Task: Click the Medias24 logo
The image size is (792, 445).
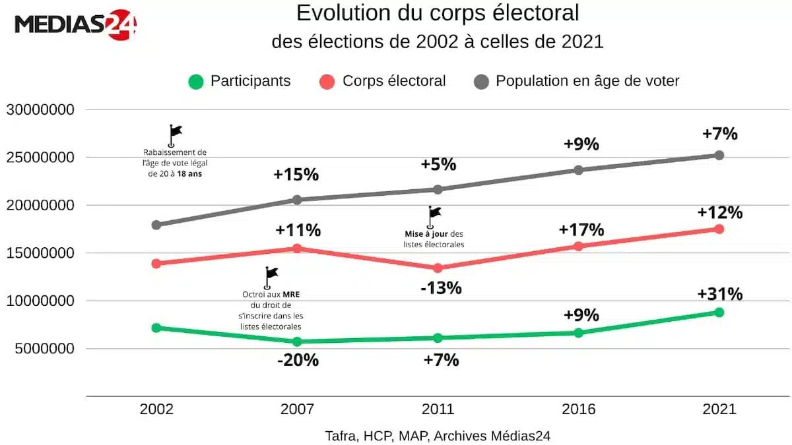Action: [75, 24]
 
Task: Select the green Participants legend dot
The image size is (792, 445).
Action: [195, 82]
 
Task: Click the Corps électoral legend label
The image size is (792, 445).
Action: [394, 81]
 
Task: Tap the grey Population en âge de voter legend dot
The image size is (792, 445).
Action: [481, 82]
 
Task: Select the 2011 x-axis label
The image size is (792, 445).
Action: [438, 409]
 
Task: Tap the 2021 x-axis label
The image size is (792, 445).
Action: [719, 409]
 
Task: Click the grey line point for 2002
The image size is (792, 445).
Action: [156, 225]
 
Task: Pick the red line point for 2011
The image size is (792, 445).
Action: [438, 268]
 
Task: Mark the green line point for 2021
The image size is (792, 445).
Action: [719, 312]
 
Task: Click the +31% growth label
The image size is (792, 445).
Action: [719, 294]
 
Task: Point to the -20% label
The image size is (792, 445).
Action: [297, 361]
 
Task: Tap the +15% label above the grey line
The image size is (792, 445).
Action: [297, 175]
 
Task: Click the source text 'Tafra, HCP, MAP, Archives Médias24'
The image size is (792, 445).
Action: [438, 436]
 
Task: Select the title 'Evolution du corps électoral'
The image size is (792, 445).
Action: [438, 13]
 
